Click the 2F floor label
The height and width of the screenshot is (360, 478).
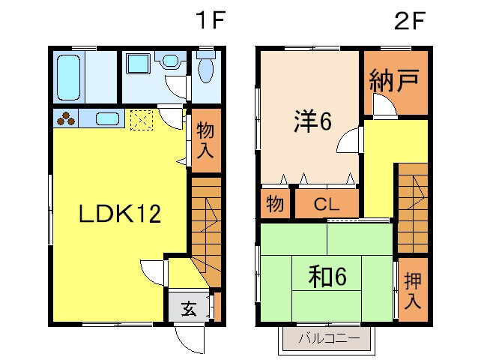click(410, 20)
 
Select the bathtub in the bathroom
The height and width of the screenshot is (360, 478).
click(69, 76)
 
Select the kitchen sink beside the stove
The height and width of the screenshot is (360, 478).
click(106, 118)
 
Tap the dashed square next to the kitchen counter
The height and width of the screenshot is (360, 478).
click(141, 119)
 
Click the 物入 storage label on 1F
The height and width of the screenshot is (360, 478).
click(205, 139)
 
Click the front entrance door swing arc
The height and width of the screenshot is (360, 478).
click(187, 340)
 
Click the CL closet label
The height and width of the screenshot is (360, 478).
click(327, 203)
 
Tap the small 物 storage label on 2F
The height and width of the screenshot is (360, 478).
click(276, 203)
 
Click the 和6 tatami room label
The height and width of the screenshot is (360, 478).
click(327, 277)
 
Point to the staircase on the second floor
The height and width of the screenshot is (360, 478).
click(411, 196)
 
